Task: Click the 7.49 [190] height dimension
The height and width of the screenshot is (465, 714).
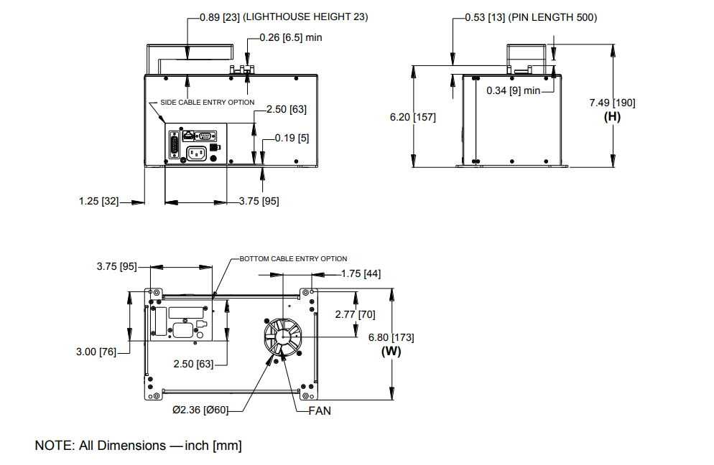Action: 611,103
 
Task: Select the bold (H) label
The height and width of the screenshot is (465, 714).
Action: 611,116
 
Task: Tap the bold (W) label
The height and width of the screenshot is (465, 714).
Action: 391,351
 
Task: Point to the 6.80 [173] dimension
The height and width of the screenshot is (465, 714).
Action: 391,337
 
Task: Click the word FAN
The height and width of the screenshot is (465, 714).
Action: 320,411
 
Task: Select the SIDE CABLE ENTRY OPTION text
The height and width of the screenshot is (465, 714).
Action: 207,103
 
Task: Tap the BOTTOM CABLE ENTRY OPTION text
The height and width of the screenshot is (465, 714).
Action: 293,258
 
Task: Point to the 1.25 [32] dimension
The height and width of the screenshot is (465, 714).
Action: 98,201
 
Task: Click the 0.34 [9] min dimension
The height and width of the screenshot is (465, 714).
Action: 513,90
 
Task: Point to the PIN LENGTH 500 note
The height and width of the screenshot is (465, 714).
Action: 552,17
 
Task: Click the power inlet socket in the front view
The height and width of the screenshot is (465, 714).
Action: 196,153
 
